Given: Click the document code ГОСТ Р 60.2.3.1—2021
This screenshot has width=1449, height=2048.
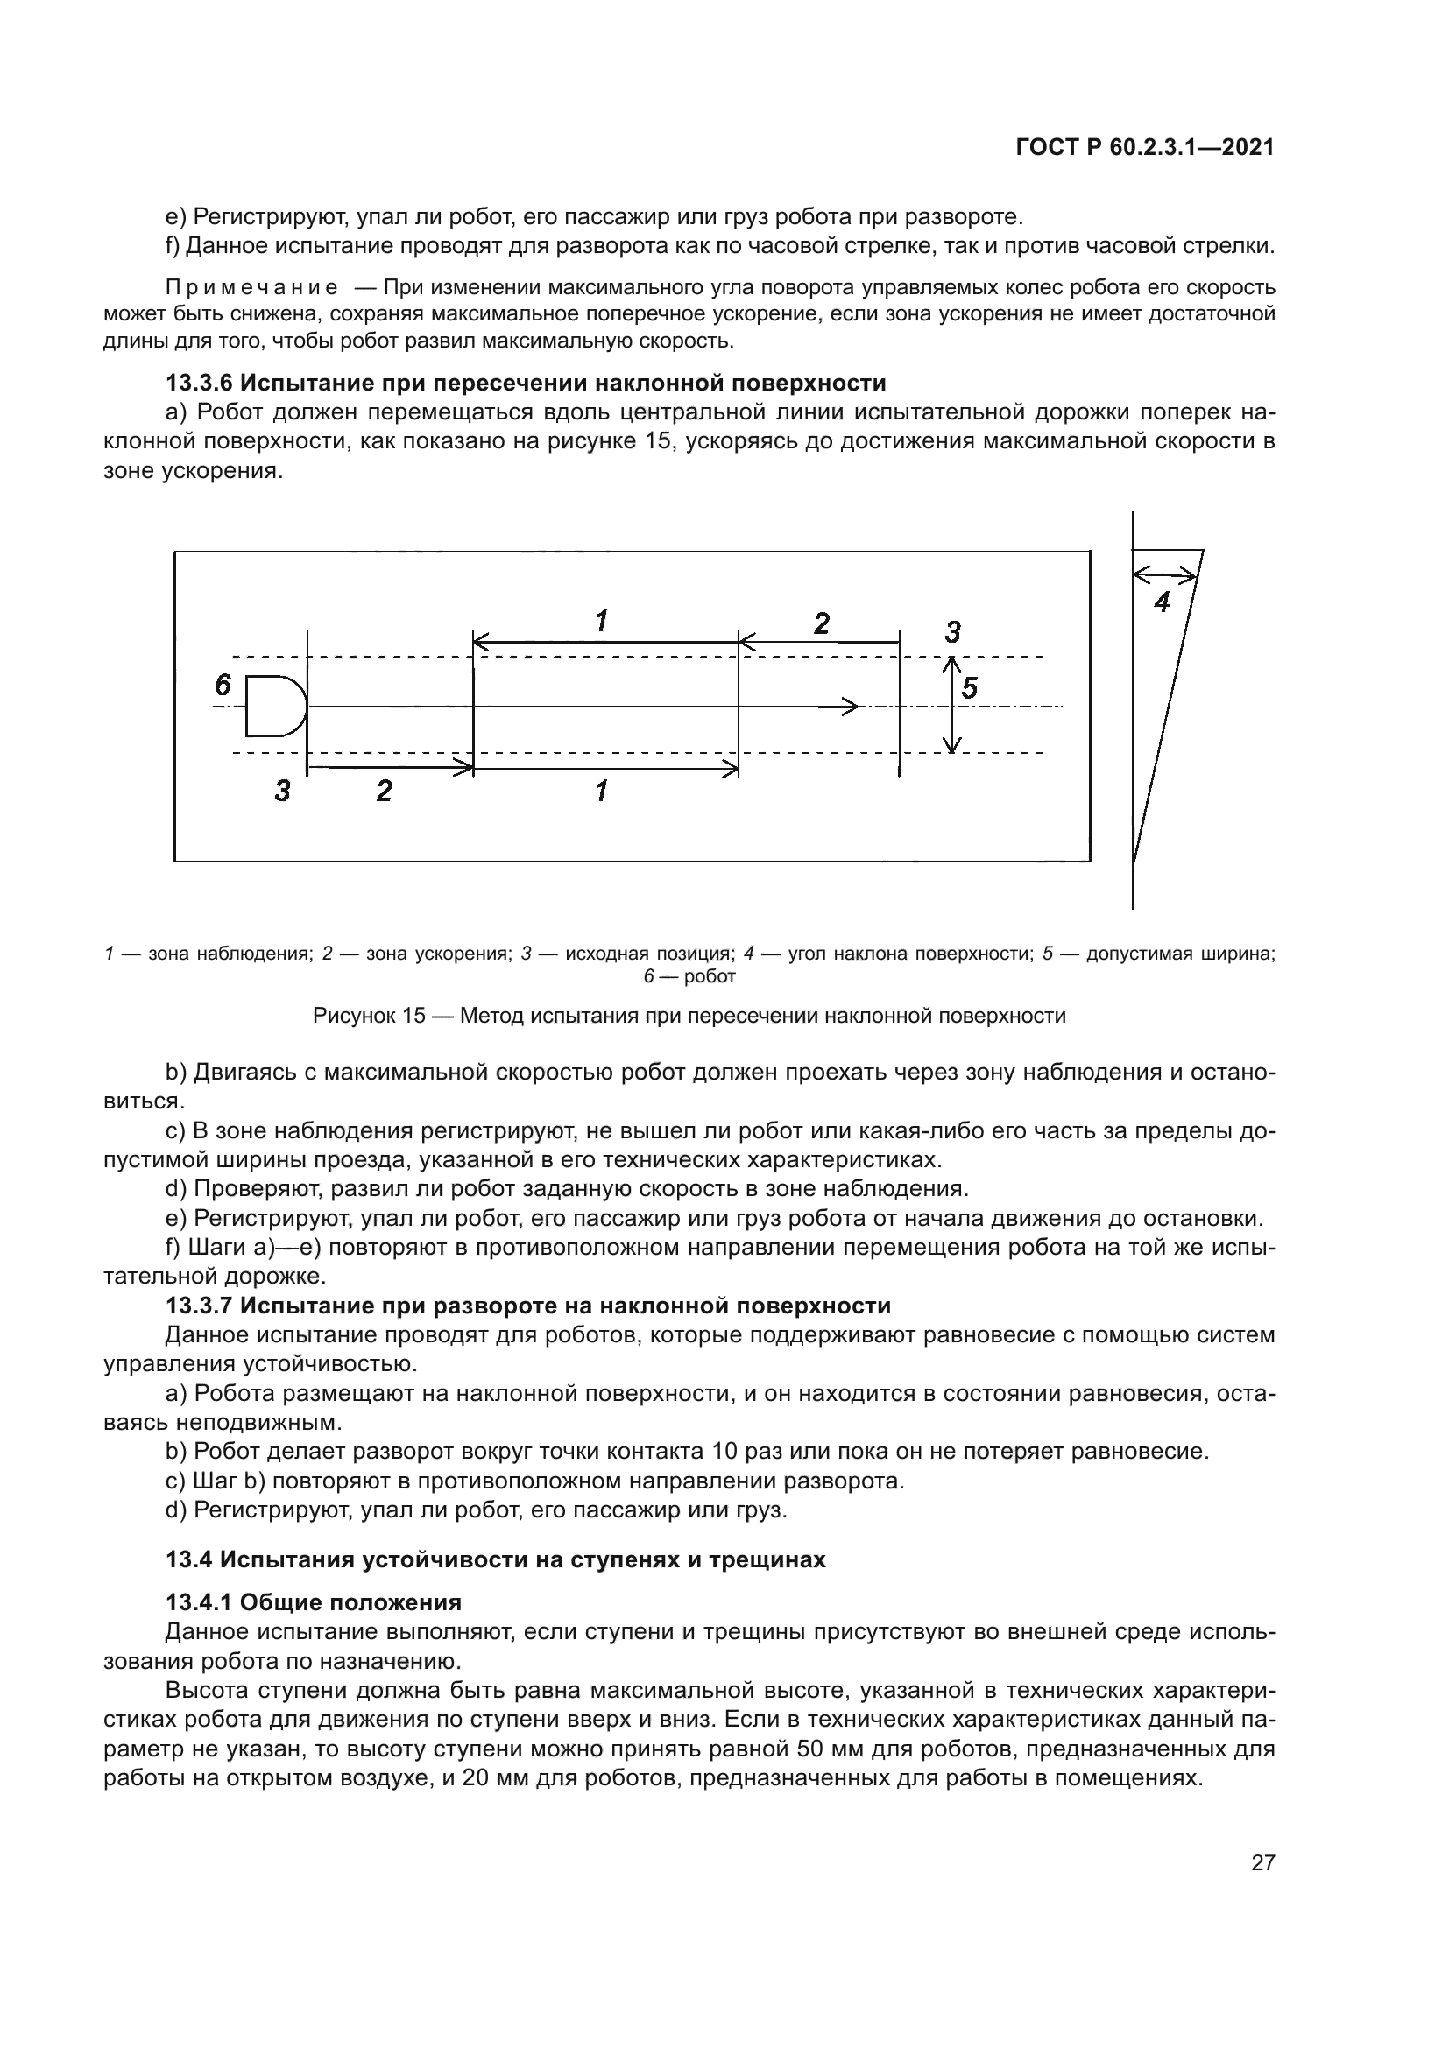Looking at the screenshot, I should click(x=1145, y=148).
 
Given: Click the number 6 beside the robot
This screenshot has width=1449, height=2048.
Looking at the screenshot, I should click(x=223, y=685).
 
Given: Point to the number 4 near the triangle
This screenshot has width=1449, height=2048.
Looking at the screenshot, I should click(x=1161, y=604).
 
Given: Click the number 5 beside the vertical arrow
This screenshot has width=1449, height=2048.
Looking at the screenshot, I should click(x=971, y=687).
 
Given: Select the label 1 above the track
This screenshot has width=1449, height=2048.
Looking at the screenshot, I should click(x=601, y=621).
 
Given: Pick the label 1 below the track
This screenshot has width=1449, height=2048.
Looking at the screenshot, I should click(x=601, y=791).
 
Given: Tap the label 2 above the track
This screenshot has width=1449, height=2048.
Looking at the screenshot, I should click(x=821, y=623).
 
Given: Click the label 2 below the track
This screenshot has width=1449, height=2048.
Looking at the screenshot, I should click(x=384, y=791).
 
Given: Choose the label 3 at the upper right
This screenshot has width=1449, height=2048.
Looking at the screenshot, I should click(x=952, y=632).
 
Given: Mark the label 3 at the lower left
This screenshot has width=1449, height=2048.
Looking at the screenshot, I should click(x=282, y=791).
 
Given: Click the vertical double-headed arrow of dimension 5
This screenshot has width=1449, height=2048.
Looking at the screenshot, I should click(x=952, y=707).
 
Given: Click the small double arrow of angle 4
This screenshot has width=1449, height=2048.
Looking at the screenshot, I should click(x=1164, y=576).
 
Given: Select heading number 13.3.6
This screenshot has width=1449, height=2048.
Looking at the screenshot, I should click(x=198, y=384).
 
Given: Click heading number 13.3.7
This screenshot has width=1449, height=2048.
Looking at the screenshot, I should click(x=198, y=1306).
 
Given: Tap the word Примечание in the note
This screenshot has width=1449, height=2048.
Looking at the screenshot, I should click(x=251, y=288).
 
